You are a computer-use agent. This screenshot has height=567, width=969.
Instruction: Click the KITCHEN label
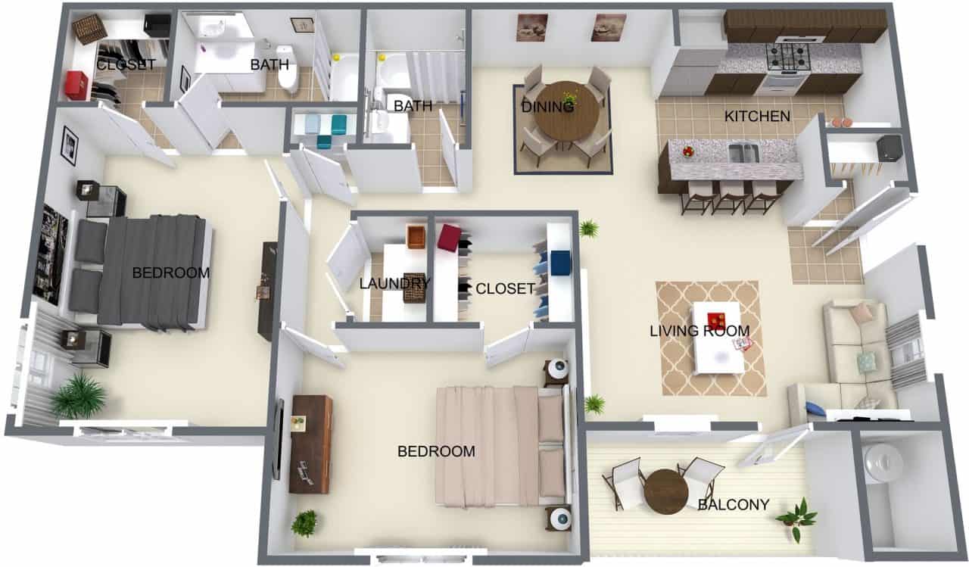tap(758, 117)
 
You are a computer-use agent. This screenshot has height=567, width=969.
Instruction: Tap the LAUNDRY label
tap(394, 284)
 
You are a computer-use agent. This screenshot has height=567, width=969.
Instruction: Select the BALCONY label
tap(734, 504)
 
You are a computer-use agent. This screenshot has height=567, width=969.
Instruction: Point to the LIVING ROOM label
tap(699, 331)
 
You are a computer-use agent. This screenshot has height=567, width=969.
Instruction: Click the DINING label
tap(547, 107)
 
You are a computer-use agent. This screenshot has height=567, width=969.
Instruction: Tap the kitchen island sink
tap(743, 153)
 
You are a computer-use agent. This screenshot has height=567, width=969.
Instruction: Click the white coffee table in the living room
tap(717, 337)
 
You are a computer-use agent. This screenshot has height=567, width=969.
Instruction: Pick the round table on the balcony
tap(666, 491)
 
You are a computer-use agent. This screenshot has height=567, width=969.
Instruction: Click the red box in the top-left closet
tap(76, 85)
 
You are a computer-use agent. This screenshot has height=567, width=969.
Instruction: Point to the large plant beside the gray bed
tap(78, 396)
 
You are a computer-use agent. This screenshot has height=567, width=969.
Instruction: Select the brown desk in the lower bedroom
tap(310, 444)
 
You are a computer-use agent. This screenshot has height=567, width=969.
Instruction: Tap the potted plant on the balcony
tap(797, 519)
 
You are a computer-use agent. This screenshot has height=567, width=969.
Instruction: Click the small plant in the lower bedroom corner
tap(304, 522)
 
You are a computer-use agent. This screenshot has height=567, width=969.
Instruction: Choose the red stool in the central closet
tap(448, 237)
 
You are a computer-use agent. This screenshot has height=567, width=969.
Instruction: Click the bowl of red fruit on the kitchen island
tap(688, 151)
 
